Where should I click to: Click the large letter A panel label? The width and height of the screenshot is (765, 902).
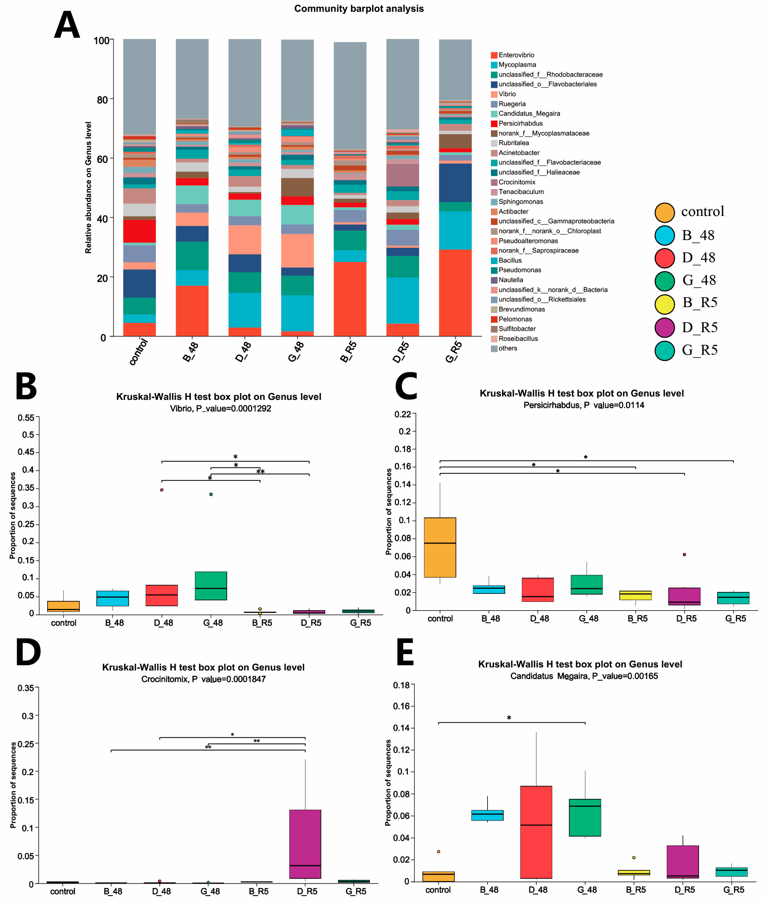point(67,25)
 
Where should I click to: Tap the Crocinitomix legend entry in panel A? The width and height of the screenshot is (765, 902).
point(517,182)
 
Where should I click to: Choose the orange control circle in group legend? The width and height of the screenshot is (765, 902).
point(664,212)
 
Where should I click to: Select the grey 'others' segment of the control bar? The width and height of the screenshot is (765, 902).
point(139,87)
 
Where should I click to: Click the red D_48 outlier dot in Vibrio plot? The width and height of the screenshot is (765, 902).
point(162,490)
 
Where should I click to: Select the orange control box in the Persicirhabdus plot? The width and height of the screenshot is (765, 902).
point(440,547)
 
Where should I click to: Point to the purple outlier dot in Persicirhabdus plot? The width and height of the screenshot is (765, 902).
point(684,554)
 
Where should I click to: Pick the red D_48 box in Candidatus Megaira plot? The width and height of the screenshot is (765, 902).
point(536,832)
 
